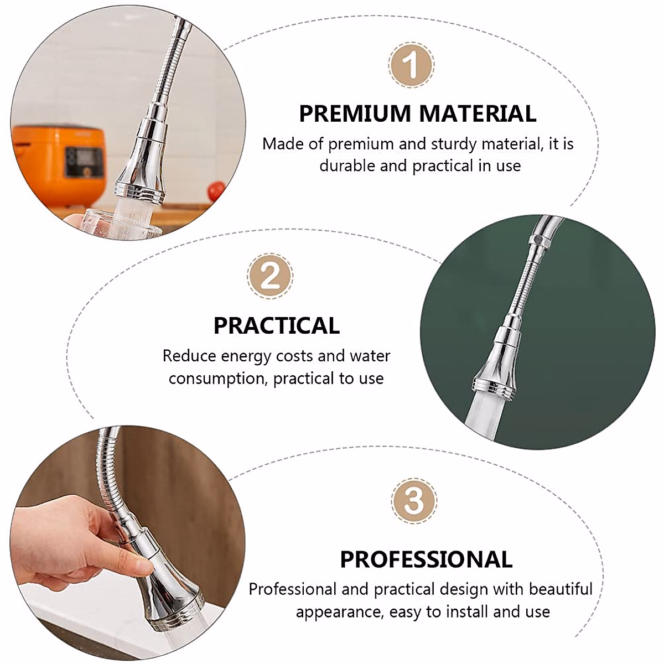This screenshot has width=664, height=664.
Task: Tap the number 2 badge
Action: (270, 276)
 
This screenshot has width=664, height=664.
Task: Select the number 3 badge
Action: (414, 500)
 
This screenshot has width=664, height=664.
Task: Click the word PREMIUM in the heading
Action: (354, 113)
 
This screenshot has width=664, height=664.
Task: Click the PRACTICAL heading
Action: (277, 325)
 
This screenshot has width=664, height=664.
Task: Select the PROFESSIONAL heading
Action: (426, 559)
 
